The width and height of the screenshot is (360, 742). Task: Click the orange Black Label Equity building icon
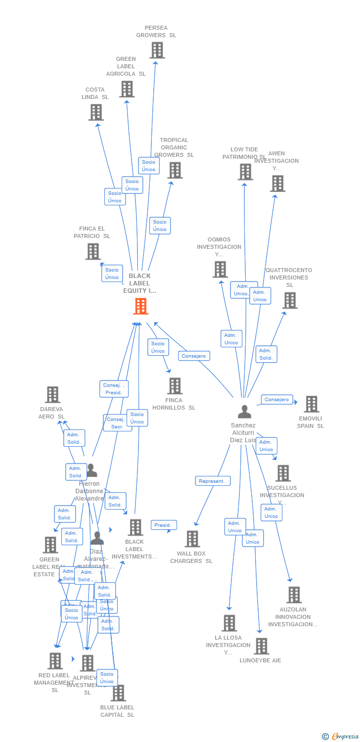[x=141, y=306]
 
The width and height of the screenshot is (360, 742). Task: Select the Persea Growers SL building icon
[x=157, y=50]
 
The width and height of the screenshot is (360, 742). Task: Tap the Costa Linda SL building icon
[x=96, y=112]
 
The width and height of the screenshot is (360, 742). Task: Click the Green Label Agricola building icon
[x=127, y=89]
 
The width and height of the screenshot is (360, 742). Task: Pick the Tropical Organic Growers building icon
[x=175, y=170]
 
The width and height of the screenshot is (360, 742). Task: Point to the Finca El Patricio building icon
[x=93, y=251]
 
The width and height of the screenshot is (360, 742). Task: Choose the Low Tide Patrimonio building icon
[x=245, y=172]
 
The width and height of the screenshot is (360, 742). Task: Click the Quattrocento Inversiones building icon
[x=290, y=300]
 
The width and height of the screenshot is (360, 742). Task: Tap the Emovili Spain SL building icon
[x=311, y=404]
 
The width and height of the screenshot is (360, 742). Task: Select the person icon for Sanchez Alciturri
[x=244, y=412]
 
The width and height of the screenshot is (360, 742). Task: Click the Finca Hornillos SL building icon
[x=175, y=386]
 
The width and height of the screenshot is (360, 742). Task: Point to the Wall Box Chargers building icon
[x=192, y=539]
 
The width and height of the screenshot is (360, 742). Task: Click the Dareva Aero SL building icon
[x=52, y=395]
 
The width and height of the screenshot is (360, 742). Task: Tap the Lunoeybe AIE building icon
[x=261, y=646]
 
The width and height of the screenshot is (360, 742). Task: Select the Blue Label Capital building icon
[x=118, y=693]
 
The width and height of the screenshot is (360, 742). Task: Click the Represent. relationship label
[x=213, y=481]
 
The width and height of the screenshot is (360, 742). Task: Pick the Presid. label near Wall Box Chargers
[x=163, y=525]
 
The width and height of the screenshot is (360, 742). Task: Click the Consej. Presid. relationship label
[x=114, y=389]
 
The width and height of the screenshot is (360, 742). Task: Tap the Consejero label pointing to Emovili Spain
[x=277, y=400]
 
